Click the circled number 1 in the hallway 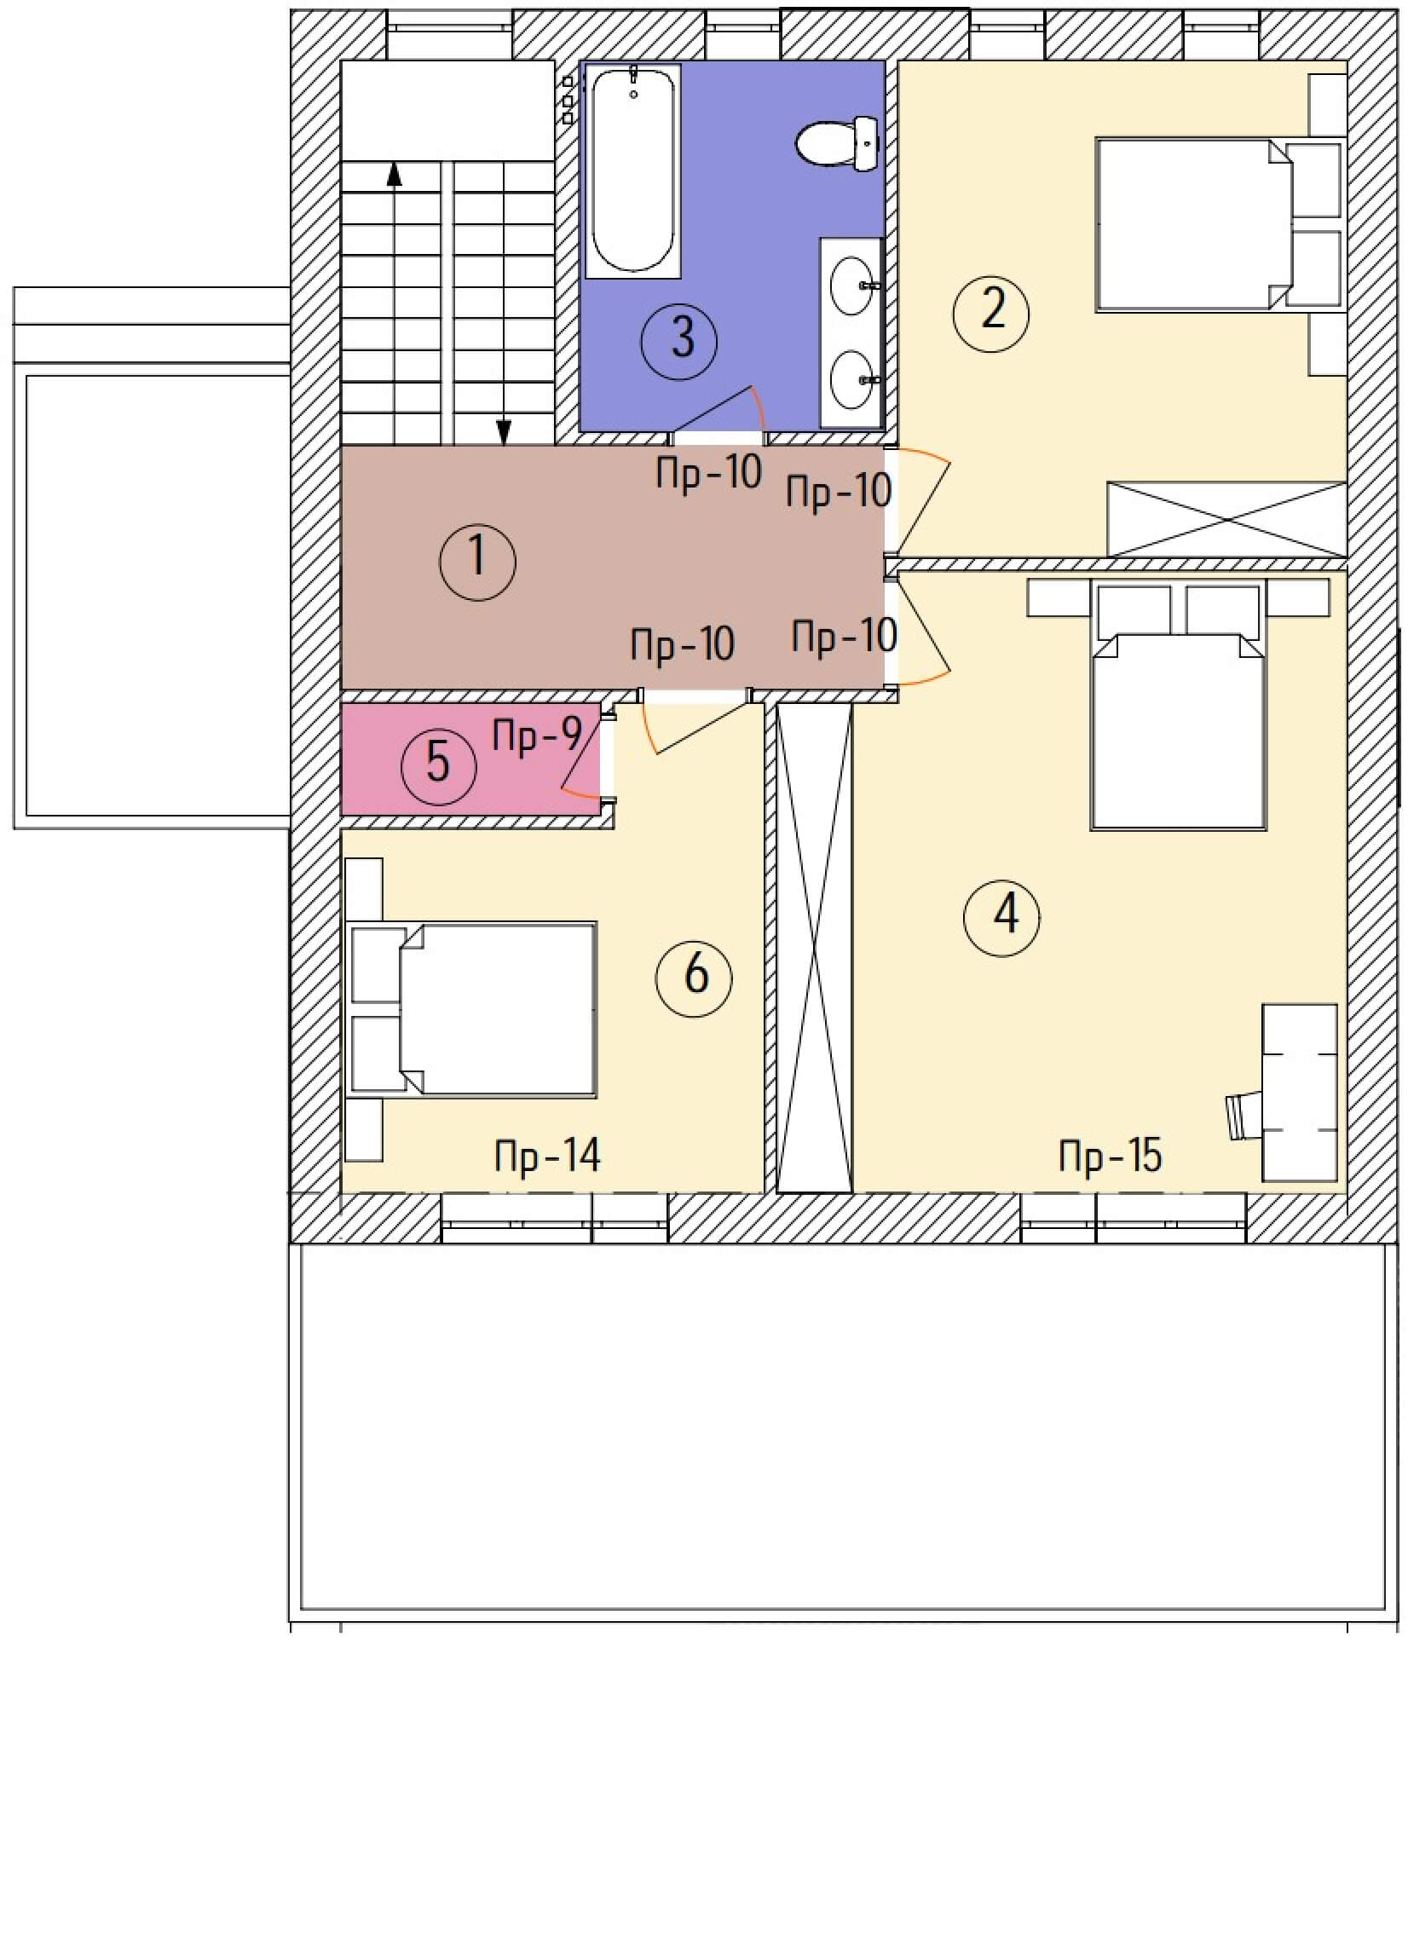click(477, 562)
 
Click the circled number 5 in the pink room click(438, 765)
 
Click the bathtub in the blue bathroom click(633, 170)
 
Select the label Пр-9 click(537, 735)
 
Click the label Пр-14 click(548, 1156)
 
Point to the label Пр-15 click(1111, 1157)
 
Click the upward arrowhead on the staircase click(394, 174)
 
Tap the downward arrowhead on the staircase click(504, 435)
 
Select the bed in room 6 click(474, 1008)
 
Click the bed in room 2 click(1220, 225)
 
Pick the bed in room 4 click(1178, 705)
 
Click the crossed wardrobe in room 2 click(1226, 519)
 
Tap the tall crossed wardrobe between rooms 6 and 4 click(815, 947)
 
